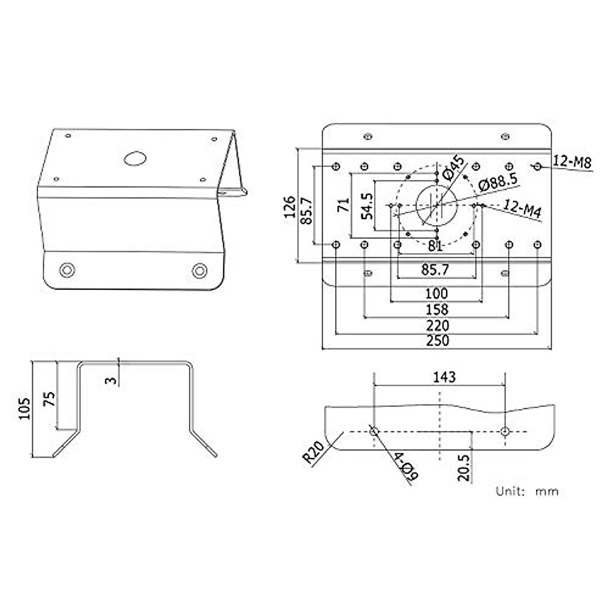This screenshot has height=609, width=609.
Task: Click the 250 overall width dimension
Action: (437, 341)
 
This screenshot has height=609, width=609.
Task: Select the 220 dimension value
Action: (437, 325)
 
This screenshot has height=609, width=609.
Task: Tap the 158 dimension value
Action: (437, 309)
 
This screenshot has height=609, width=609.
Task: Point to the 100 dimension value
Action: (437, 293)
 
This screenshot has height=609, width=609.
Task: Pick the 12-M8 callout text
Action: (572, 162)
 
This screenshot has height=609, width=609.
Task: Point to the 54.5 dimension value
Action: (366, 206)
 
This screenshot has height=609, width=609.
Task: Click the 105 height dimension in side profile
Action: (25, 409)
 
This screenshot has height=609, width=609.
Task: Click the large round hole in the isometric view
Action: (135, 158)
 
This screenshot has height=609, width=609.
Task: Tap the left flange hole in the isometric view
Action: (65, 270)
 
